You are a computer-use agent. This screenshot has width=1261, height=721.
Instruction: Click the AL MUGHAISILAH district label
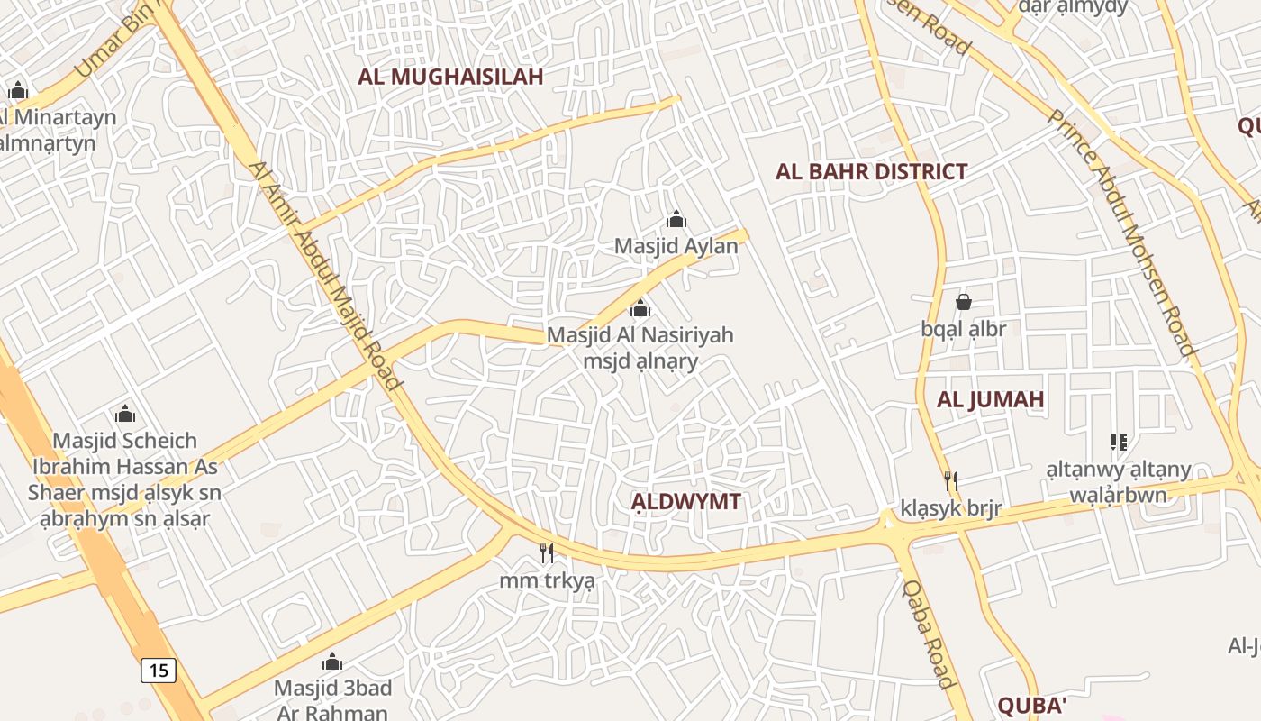pyautogui.click(x=450, y=77)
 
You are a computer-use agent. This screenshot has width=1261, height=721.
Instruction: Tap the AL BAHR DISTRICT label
pyautogui.click(x=871, y=171)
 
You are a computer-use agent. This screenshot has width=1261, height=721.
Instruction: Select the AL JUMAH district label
pyautogui.click(x=990, y=399)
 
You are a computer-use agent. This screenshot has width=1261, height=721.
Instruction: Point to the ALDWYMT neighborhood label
pyautogui.click(x=685, y=502)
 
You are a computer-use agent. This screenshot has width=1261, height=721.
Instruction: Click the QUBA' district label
pyautogui.click(x=1032, y=705)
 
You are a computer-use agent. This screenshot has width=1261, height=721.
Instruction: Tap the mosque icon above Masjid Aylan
pyautogui.click(x=676, y=219)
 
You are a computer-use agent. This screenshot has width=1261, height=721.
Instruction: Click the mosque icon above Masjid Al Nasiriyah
pyautogui.click(x=640, y=309)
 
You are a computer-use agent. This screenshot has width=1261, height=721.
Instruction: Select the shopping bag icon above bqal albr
pyautogui.click(x=963, y=302)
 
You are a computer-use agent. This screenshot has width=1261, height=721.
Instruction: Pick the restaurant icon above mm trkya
pyautogui.click(x=547, y=552)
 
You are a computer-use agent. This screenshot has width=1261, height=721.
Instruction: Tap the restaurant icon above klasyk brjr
pyautogui.click(x=950, y=480)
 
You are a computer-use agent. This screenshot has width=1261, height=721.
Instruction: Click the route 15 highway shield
pyautogui.click(x=158, y=670)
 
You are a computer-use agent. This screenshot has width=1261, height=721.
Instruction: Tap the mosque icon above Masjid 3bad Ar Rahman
pyautogui.click(x=332, y=662)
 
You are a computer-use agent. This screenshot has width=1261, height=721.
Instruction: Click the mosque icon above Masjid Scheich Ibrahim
pyautogui.click(x=125, y=414)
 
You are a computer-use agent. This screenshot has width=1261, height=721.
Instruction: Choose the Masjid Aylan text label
pyautogui.click(x=676, y=245)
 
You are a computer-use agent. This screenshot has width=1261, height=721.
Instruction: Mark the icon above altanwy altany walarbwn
pyautogui.click(x=1119, y=443)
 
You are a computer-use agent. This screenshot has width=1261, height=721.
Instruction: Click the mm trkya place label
pyautogui.click(x=547, y=580)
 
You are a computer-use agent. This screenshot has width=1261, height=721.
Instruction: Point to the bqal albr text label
pyautogui.click(x=963, y=329)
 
